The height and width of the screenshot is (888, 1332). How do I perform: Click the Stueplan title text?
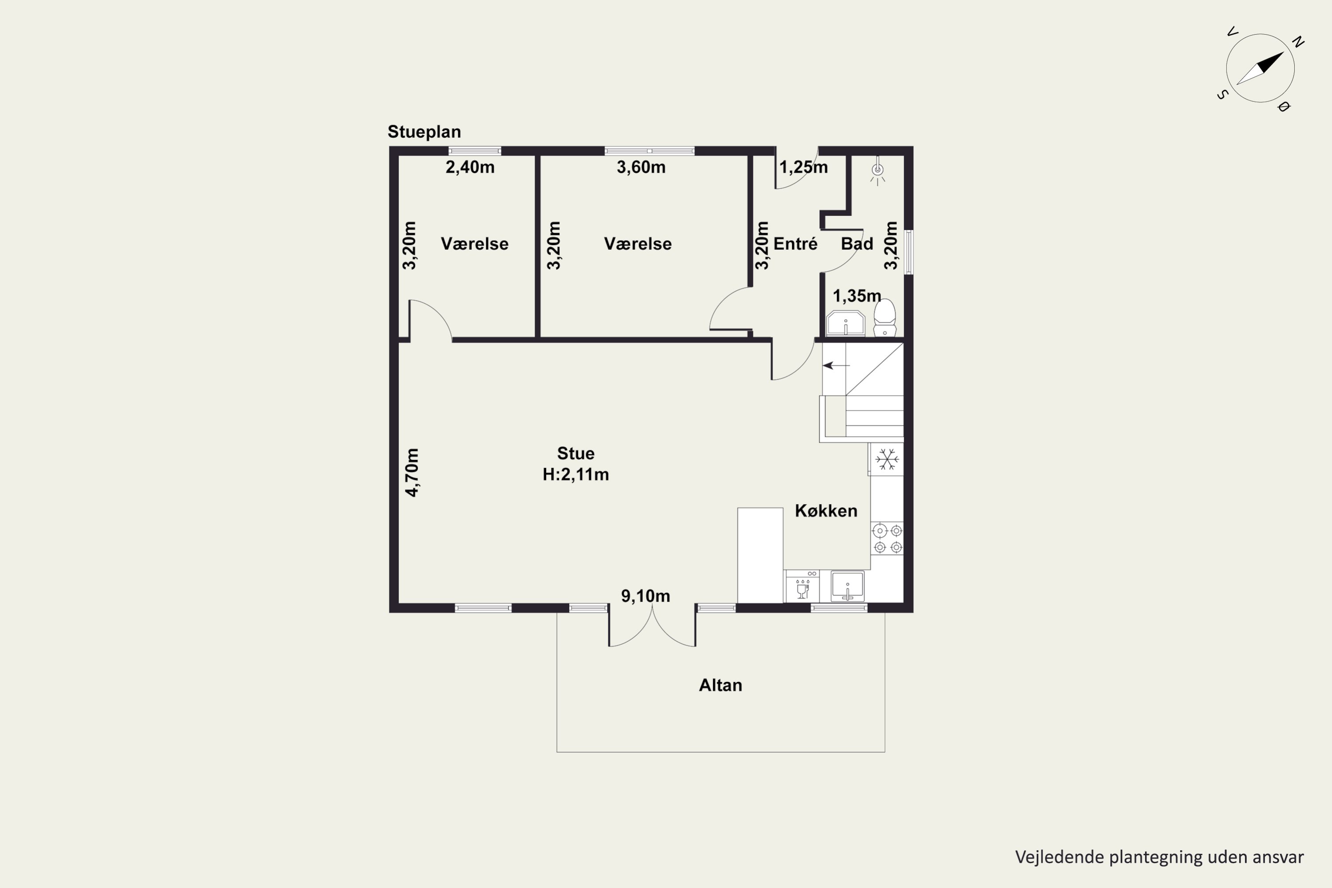(x=424, y=132)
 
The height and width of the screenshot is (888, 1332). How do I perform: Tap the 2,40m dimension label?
(x=470, y=167)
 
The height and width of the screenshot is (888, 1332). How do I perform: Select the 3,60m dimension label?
(x=641, y=167)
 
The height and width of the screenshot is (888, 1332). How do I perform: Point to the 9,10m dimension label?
(x=646, y=596)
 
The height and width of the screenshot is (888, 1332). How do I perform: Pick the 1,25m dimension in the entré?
(x=804, y=167)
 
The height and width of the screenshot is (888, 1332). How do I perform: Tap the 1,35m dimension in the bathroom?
(x=857, y=296)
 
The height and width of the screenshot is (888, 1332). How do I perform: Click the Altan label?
(x=720, y=685)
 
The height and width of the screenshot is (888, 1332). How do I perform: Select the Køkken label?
(x=826, y=511)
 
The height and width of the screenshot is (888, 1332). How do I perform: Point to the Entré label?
(x=796, y=244)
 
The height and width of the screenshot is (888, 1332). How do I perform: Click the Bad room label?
(x=857, y=244)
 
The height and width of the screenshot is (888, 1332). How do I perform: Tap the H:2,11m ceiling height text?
(x=576, y=475)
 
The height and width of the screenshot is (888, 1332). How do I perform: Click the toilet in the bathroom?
(x=884, y=318)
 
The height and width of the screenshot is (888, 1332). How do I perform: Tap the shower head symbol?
(x=878, y=170)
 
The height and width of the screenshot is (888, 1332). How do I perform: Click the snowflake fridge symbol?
(x=887, y=459)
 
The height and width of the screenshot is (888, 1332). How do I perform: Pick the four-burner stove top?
(x=888, y=539)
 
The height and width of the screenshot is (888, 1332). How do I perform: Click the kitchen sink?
(x=848, y=586)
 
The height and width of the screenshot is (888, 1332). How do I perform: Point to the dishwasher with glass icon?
(x=802, y=586)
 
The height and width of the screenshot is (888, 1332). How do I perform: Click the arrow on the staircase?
(x=836, y=366)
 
